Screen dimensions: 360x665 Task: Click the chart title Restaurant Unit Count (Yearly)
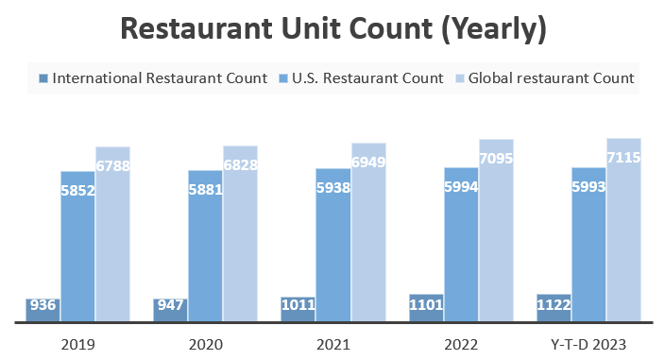pos(333,28)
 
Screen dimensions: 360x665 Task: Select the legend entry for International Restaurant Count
pos(152,77)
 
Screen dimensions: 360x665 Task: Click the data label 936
pos(43,306)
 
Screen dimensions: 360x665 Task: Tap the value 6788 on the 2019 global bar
pos(112,166)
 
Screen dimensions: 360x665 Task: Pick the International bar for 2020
pos(170,310)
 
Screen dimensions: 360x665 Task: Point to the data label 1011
pos(298,305)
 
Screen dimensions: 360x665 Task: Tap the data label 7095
pos(496,159)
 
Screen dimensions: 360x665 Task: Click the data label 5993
pos(588,187)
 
